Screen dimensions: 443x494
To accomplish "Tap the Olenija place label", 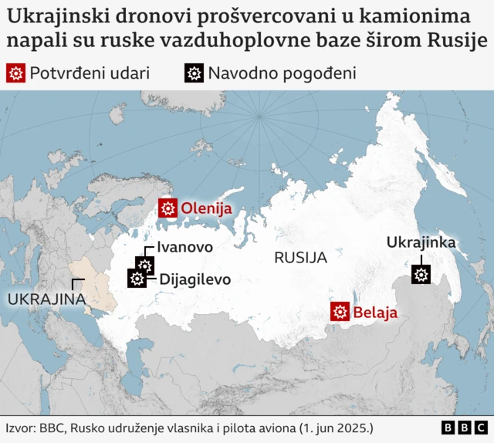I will point(207,208).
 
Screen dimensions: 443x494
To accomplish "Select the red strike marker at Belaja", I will point(340,312).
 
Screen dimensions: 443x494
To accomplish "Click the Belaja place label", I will point(375,313).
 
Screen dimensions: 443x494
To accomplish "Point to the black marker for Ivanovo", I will point(144,265).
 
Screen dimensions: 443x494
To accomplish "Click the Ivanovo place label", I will point(184,247).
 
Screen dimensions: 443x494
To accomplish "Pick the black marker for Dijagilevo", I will point(137,279).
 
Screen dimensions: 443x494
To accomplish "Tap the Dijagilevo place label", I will point(195,279).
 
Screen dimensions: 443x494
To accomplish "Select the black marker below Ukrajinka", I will point(421,274).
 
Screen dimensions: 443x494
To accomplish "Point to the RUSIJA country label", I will point(300,258).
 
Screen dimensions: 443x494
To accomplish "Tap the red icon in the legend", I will point(15,73).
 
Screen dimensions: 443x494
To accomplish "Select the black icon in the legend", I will point(194,73).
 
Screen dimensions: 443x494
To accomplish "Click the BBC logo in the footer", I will point(465,428).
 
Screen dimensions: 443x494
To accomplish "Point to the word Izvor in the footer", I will point(20,428).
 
